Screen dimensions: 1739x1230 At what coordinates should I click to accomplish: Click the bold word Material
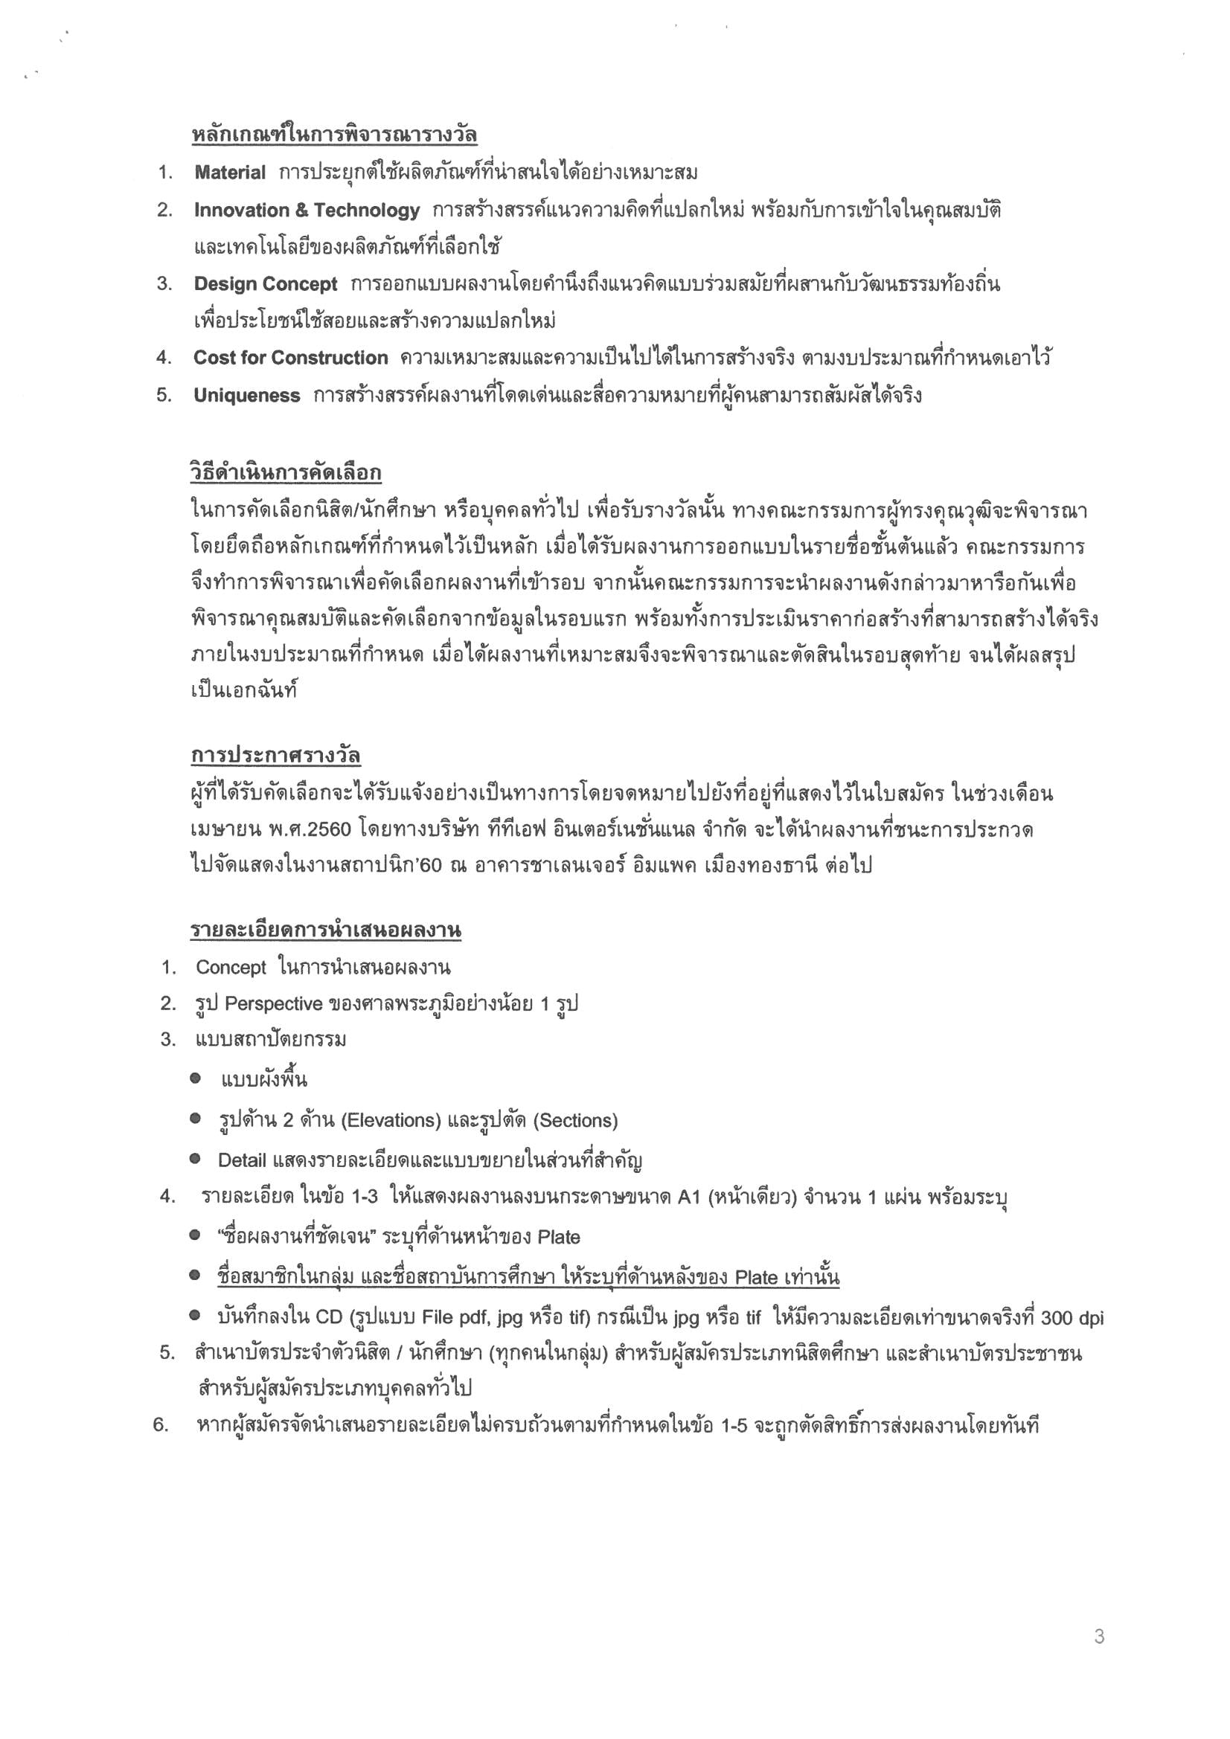coord(230,173)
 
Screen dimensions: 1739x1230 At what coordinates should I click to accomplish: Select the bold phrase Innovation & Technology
coord(306,210)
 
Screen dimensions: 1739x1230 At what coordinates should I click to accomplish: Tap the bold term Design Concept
coord(265,284)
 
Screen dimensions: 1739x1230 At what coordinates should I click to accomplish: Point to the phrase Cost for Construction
coord(290,358)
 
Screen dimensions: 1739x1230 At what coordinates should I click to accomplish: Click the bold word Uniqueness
coord(246,396)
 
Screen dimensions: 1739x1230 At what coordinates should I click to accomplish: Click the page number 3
coord(1099,1637)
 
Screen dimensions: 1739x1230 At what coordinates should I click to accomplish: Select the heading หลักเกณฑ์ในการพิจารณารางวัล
coord(333,135)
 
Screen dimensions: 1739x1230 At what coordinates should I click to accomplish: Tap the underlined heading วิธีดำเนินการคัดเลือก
coord(286,473)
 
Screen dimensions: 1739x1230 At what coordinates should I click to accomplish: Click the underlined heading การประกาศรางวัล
coord(275,756)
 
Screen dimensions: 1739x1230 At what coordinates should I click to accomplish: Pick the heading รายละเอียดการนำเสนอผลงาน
coord(325,930)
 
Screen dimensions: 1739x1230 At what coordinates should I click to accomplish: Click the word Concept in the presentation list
coord(231,967)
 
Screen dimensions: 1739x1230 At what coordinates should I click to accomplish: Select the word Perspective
coord(274,1003)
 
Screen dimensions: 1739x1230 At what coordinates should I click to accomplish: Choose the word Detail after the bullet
coord(242,1160)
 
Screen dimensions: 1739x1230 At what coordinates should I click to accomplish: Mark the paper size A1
coord(689,1198)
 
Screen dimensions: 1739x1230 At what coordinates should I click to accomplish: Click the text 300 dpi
coord(1072,1318)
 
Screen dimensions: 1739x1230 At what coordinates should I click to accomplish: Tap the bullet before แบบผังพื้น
coord(196,1078)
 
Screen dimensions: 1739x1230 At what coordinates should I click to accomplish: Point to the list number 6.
coord(160,1424)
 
